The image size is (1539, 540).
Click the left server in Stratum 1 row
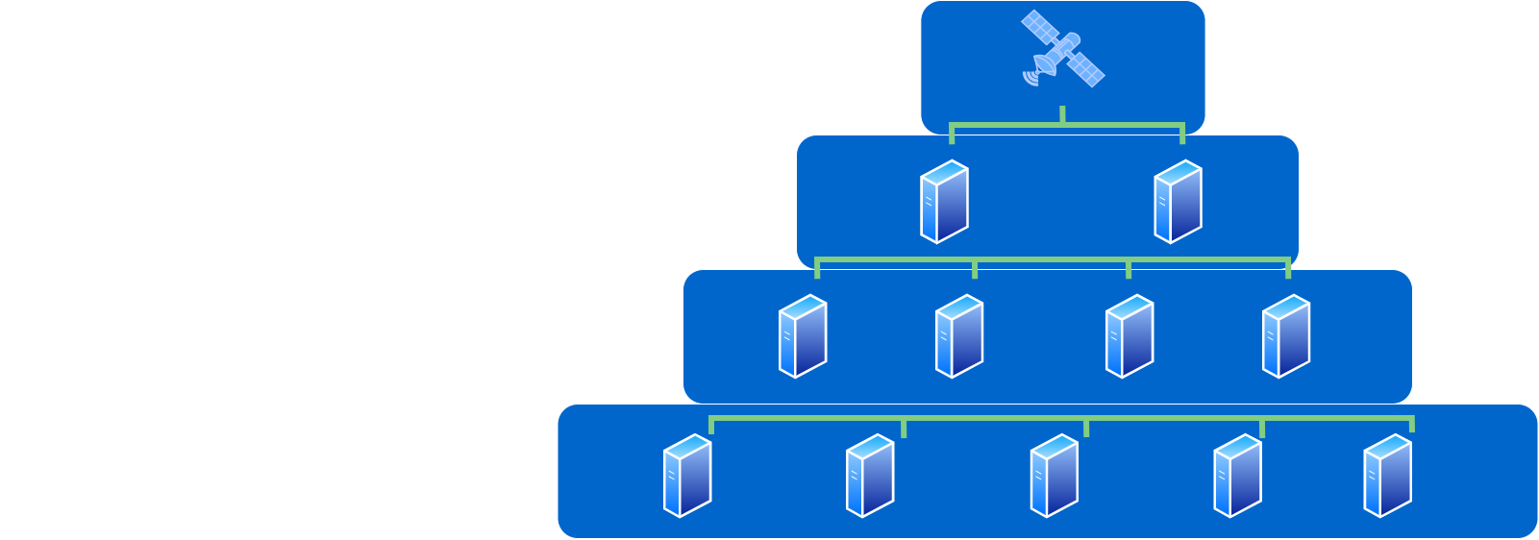point(944,202)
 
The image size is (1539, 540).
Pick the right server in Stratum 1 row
point(1178,202)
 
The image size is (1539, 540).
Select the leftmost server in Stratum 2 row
point(803,336)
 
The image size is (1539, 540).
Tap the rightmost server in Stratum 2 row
point(1286,336)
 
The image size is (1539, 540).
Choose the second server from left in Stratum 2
point(959,336)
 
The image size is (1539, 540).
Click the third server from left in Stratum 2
point(1129,336)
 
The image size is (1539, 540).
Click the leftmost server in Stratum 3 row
point(687,476)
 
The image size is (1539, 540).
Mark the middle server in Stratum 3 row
point(1055,476)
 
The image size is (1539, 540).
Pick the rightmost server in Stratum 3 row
point(1387,476)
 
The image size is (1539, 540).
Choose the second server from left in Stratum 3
point(870,476)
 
